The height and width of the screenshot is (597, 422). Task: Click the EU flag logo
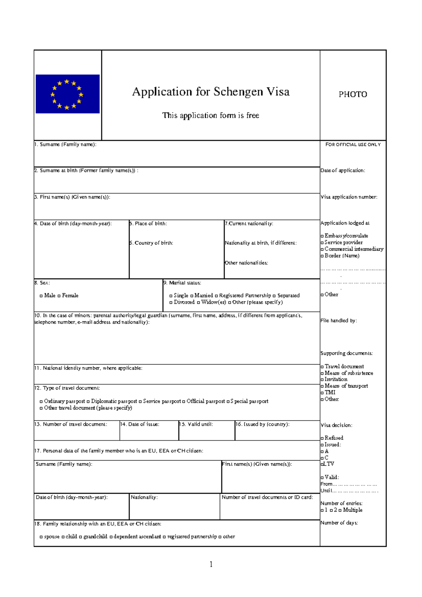click(x=68, y=94)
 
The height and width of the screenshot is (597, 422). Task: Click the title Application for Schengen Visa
click(x=211, y=92)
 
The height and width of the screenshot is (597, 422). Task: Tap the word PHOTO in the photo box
click(x=353, y=94)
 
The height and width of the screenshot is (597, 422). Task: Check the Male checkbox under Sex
click(x=41, y=296)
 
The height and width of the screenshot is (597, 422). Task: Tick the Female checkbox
click(x=59, y=296)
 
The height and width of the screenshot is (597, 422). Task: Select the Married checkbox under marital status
click(x=192, y=296)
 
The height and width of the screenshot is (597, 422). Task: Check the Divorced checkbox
click(x=171, y=303)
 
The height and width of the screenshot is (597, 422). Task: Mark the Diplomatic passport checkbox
click(x=88, y=402)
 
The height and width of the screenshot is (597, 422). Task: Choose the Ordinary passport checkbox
click(x=41, y=402)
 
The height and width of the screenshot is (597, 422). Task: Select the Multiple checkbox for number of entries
click(x=340, y=511)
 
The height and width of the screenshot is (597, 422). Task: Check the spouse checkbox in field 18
click(x=41, y=537)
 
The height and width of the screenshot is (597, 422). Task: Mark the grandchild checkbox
click(x=81, y=537)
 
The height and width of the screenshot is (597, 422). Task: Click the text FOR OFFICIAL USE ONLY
click(x=353, y=145)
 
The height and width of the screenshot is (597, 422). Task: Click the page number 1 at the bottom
click(x=211, y=565)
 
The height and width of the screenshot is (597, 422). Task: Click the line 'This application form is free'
click(x=211, y=115)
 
